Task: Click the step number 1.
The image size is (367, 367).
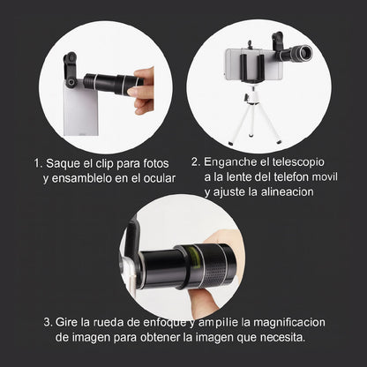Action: coord(37,163)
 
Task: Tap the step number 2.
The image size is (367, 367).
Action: coord(195,162)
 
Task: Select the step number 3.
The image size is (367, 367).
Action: coord(47,322)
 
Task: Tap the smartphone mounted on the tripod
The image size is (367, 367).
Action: coord(251,64)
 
